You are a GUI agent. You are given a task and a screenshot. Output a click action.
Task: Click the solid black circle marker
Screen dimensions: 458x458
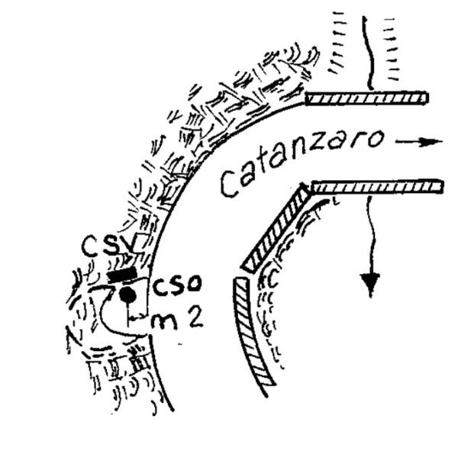coord(127,295)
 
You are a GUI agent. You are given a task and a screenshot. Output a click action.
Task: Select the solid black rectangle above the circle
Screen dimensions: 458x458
coord(122,274)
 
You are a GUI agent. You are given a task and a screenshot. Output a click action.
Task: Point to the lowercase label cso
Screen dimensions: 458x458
coord(177,284)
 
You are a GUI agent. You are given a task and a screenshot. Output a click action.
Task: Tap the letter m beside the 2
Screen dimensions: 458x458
coord(164,322)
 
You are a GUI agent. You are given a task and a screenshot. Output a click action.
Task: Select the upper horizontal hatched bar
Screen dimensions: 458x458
coord(366,98)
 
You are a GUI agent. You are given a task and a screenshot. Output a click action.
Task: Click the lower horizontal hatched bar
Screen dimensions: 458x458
coord(377,187)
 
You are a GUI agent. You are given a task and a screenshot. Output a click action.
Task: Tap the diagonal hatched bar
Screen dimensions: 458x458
coord(276,228)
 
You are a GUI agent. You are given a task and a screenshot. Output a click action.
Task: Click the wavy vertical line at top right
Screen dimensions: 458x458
coord(368,53)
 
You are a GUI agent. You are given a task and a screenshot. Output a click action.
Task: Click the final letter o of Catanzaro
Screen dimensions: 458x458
coord(376,139)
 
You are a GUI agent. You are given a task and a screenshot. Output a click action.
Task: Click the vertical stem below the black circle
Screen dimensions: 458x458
coord(127,314)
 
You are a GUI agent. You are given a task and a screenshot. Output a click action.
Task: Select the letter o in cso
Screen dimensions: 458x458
coord(195,284)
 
